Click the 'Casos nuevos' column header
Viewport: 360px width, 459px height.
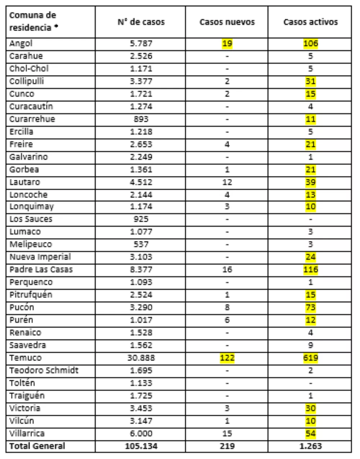click(227, 22)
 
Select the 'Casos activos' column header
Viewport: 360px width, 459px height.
click(310, 22)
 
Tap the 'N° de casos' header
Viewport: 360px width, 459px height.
click(141, 22)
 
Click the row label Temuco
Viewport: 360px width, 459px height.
click(26, 358)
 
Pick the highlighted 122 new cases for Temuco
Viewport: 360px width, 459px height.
click(227, 358)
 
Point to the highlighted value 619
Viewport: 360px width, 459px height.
click(310, 358)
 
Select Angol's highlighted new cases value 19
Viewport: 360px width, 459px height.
click(227, 44)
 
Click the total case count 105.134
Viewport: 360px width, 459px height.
click(141, 446)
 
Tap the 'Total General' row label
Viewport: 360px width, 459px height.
click(37, 446)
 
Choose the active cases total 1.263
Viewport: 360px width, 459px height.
click(310, 446)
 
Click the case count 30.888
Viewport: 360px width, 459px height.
click(141, 358)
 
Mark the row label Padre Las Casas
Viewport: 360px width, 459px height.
click(41, 270)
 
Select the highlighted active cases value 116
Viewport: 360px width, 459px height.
click(310, 270)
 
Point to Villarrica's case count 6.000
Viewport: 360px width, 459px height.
click(141, 433)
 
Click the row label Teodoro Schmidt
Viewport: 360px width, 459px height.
click(44, 370)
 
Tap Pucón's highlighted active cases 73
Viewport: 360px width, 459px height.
click(310, 307)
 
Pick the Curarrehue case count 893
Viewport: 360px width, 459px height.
click(141, 119)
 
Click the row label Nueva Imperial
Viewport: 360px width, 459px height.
click(40, 257)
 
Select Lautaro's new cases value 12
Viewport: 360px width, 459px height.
click(227, 182)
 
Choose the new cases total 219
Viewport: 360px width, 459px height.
click(227, 446)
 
